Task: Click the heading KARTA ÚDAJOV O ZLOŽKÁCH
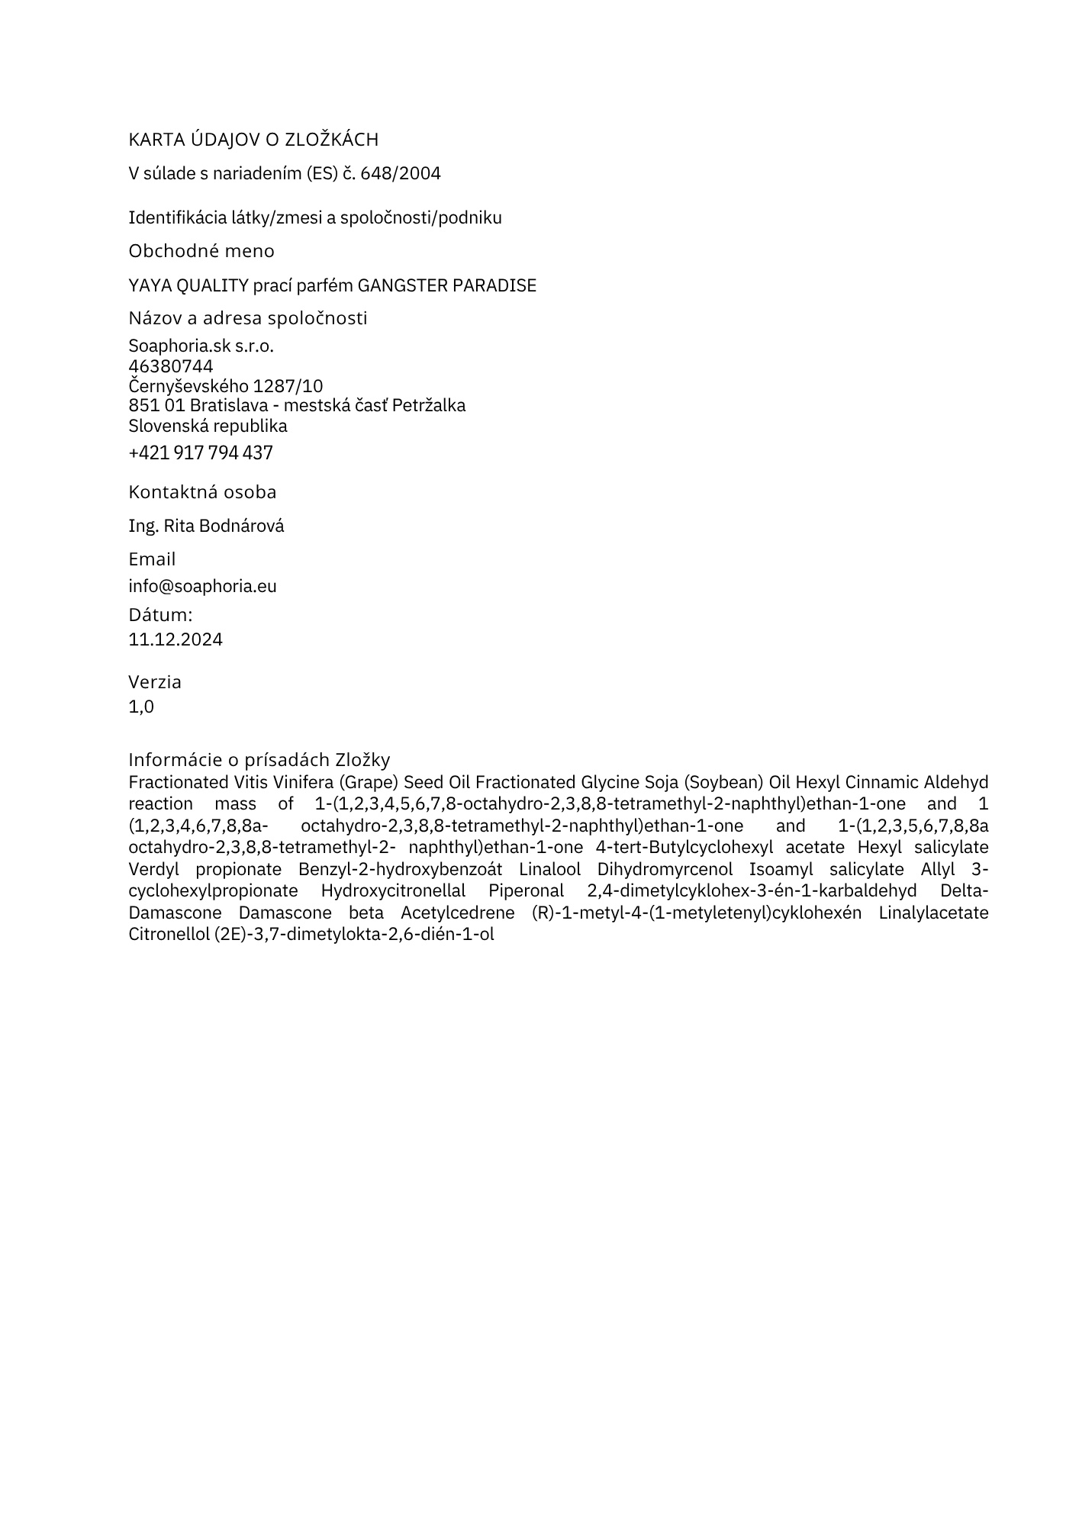point(253,140)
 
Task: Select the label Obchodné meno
point(201,251)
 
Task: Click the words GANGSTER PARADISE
point(447,285)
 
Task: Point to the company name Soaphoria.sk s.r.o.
point(201,346)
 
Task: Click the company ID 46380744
point(171,366)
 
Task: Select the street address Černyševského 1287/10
point(226,386)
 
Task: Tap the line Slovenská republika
point(208,426)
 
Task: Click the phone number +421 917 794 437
point(201,453)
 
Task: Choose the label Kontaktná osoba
point(202,492)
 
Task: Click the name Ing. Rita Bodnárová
point(206,526)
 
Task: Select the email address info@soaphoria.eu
point(202,587)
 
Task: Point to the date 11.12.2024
point(176,639)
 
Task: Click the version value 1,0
point(141,707)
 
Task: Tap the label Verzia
point(155,682)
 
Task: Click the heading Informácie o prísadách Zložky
point(259,760)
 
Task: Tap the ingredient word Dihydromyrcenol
point(665,870)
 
